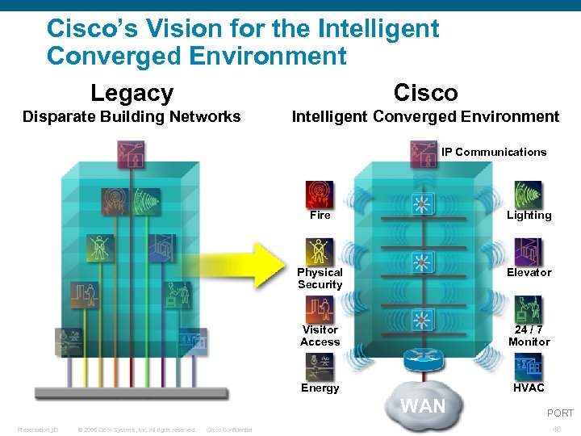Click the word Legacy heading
tap(132, 93)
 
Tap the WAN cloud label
tap(423, 406)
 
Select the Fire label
tap(320, 216)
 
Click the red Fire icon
tap(320, 194)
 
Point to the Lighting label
tap(529, 216)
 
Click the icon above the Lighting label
tap(529, 195)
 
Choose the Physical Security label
tap(320, 279)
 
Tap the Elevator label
tap(529, 273)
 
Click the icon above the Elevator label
tap(529, 252)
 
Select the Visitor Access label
tap(320, 336)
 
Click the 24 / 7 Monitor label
tap(529, 336)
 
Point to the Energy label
tap(320, 388)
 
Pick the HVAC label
tap(529, 388)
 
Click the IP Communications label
tap(494, 152)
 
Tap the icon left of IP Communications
tap(423, 153)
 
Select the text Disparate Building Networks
tap(132, 117)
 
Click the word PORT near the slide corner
tap(560, 413)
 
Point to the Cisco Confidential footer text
tap(230, 430)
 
